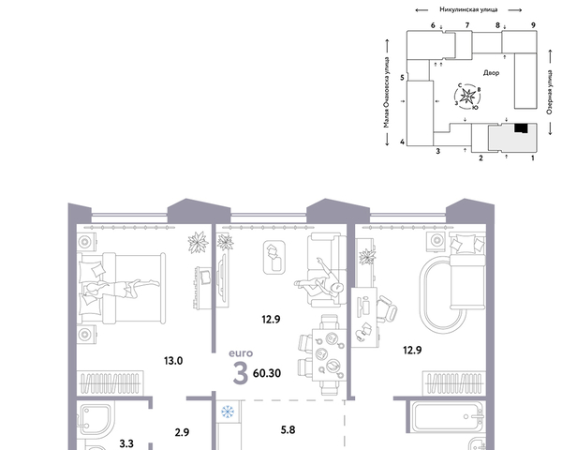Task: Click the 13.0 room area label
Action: (x=173, y=361)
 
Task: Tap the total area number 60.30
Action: (x=267, y=373)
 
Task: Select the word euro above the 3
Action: (x=241, y=353)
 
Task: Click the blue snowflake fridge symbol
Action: (x=228, y=412)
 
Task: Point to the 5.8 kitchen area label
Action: (x=288, y=429)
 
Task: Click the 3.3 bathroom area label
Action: (x=126, y=443)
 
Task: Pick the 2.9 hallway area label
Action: (x=182, y=432)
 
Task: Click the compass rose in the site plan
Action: (x=467, y=97)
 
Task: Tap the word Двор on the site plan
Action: (x=491, y=73)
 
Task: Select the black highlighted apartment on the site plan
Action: (x=521, y=128)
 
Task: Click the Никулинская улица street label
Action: (x=468, y=9)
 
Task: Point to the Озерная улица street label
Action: (x=550, y=92)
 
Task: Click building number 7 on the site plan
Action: (x=467, y=25)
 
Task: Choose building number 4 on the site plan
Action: (x=402, y=142)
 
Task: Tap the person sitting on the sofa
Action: (x=319, y=280)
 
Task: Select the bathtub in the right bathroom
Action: (x=447, y=417)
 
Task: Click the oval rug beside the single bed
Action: (x=443, y=294)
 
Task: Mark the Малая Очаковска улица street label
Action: (x=386, y=92)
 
